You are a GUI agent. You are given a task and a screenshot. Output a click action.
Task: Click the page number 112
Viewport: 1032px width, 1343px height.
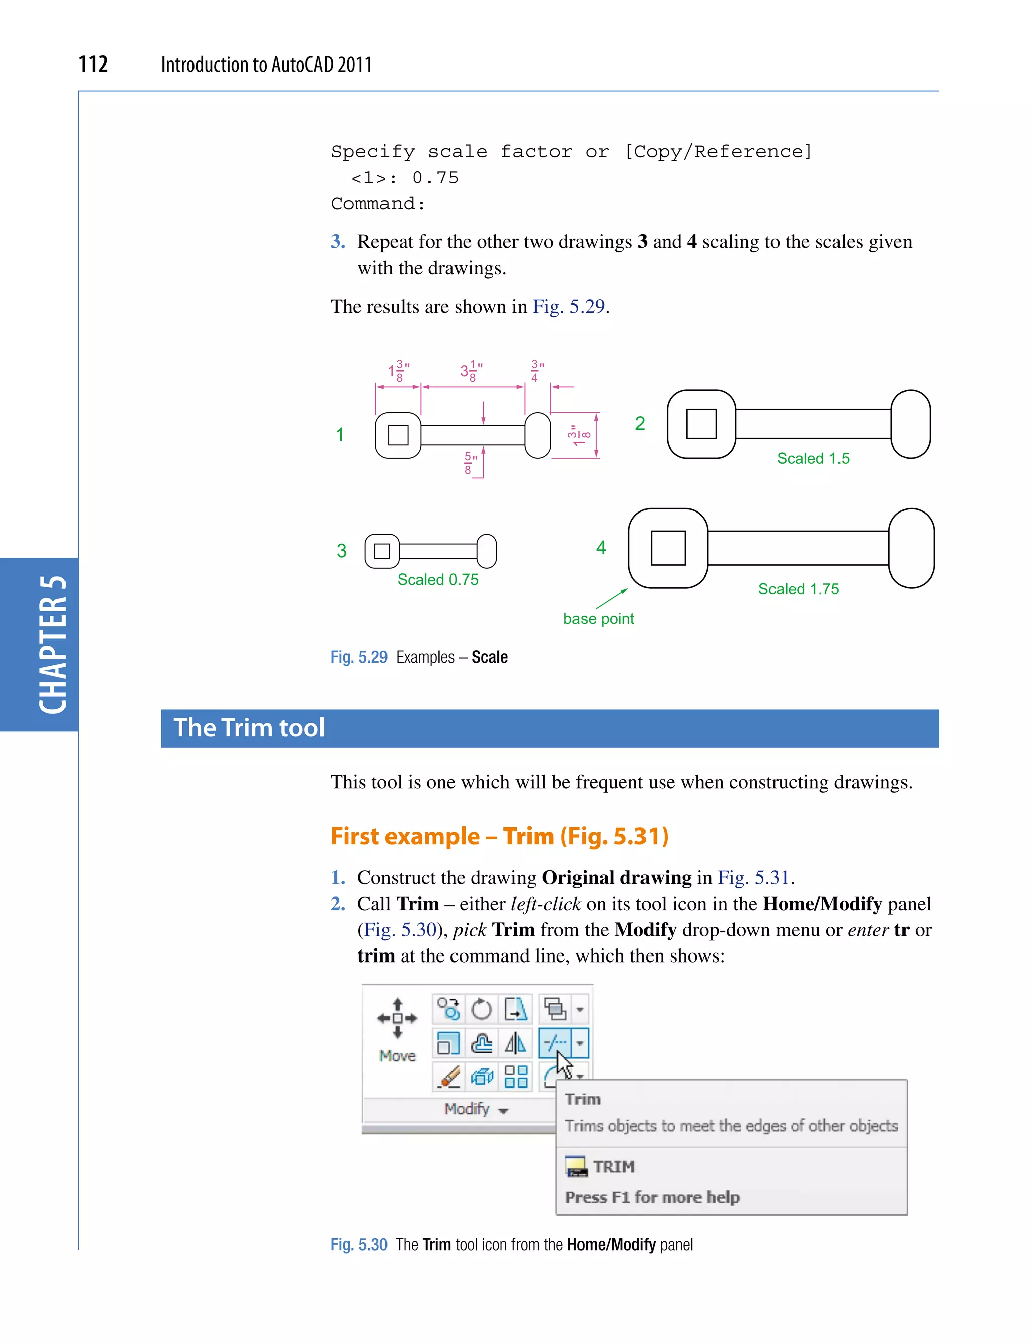click(93, 65)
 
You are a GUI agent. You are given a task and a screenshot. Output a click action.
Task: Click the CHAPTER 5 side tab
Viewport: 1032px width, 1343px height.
click(52, 644)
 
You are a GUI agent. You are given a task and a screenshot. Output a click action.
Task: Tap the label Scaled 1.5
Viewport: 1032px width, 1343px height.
click(813, 458)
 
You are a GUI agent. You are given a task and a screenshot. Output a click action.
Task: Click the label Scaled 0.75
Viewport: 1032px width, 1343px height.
click(437, 580)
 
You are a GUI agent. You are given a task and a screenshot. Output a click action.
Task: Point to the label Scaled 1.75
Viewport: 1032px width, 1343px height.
click(798, 589)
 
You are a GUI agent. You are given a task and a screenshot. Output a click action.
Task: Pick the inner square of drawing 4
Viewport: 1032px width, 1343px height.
click(668, 547)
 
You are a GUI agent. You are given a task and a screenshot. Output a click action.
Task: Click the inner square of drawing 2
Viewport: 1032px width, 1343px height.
click(701, 424)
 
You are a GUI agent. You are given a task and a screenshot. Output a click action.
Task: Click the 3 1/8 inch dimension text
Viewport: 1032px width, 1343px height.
click(471, 371)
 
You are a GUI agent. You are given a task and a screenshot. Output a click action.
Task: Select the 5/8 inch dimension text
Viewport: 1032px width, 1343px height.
click(470, 463)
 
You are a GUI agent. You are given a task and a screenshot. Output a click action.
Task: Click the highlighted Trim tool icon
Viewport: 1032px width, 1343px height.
click(555, 1043)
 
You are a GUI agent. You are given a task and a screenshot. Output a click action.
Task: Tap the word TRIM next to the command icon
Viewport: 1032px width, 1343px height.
click(613, 1166)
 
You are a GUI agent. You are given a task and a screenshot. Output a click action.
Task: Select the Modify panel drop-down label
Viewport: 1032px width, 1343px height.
click(476, 1109)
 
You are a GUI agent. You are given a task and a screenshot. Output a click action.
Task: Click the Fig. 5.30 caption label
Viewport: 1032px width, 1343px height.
click(359, 1245)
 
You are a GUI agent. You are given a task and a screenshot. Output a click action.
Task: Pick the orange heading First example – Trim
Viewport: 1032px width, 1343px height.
click(499, 836)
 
